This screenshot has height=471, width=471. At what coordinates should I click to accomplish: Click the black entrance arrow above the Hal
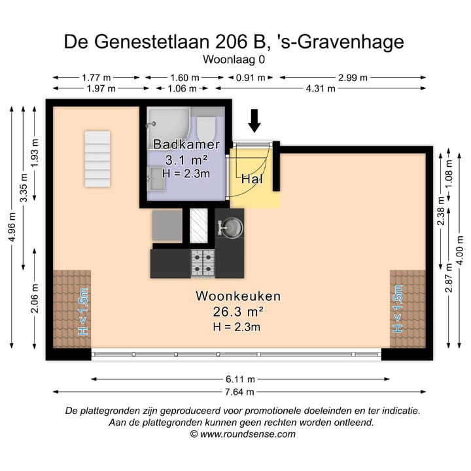tap(254, 120)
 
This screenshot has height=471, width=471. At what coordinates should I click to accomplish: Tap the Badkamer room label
tap(186, 145)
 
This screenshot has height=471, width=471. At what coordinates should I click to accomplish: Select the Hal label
tap(252, 179)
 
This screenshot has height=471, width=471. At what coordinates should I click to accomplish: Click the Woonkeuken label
tap(238, 296)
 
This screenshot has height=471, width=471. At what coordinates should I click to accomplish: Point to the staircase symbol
tap(97, 158)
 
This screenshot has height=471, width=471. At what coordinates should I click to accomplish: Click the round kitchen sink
tap(231, 227)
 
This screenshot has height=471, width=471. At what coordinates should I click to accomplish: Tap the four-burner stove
tap(203, 262)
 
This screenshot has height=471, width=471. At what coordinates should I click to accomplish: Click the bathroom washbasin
tap(156, 178)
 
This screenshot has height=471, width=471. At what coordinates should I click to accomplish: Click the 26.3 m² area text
tap(238, 311)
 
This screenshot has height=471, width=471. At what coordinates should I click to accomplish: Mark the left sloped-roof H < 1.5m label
tap(83, 311)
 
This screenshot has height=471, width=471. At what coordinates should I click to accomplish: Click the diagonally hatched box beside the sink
tap(198, 226)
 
